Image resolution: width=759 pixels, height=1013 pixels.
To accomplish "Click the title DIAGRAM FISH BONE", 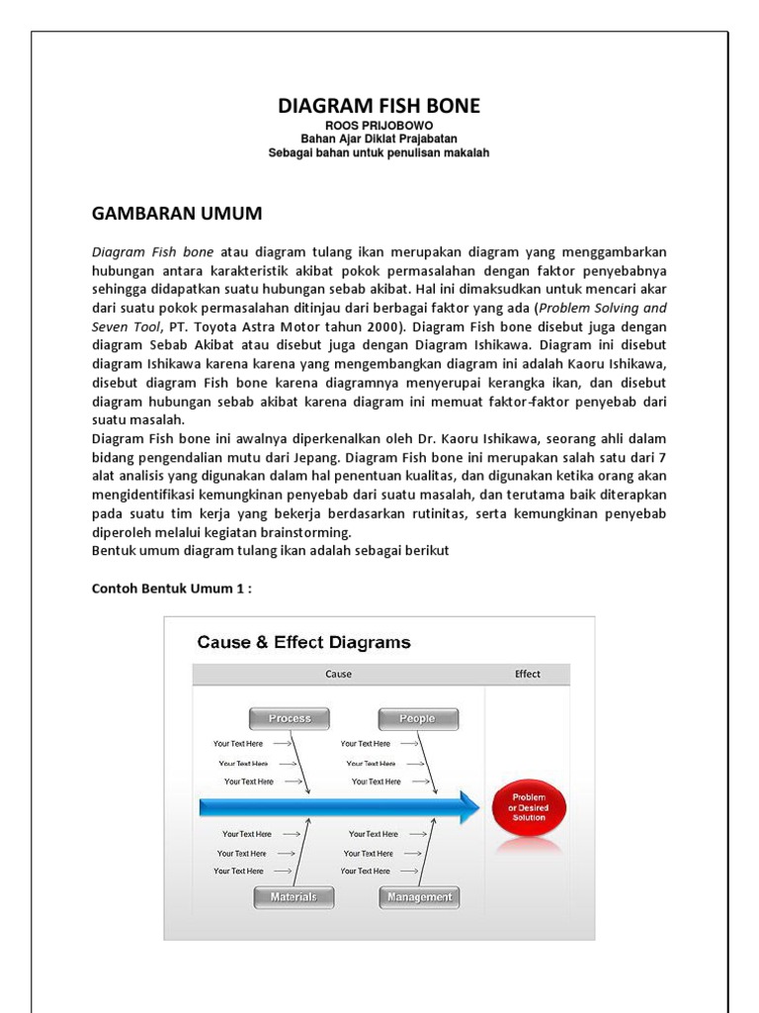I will pyautogui.click(x=379, y=106).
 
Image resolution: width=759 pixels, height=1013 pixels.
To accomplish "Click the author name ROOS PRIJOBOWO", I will pyautogui.click(x=379, y=126).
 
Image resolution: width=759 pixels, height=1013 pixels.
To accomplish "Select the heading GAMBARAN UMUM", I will pyautogui.click(x=177, y=214).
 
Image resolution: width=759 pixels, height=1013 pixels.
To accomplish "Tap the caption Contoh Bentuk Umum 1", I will pyautogui.click(x=172, y=588).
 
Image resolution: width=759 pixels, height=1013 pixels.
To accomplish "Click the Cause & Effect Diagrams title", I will pyautogui.click(x=303, y=642).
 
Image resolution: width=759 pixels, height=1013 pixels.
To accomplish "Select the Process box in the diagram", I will pyautogui.click(x=289, y=718).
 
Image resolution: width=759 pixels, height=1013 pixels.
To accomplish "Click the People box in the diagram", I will pyautogui.click(x=417, y=718).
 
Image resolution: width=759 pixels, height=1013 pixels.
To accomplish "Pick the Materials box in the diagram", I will pyautogui.click(x=293, y=897).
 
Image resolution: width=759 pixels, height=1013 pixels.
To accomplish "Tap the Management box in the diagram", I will pyautogui.click(x=419, y=897).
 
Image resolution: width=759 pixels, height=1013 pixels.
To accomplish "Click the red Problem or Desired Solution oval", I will pyautogui.click(x=528, y=807).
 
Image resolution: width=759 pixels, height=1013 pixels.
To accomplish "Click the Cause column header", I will pyautogui.click(x=338, y=675).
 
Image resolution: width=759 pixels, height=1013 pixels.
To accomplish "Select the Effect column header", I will pyautogui.click(x=527, y=675).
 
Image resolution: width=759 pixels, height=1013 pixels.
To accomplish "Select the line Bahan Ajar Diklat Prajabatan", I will pyautogui.click(x=379, y=139).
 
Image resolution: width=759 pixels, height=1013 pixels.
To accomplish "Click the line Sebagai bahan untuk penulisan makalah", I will pyautogui.click(x=379, y=153).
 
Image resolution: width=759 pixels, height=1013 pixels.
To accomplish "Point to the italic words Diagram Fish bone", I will pyautogui.click(x=152, y=251).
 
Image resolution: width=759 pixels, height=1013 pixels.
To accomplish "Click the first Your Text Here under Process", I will pyautogui.click(x=238, y=743).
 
